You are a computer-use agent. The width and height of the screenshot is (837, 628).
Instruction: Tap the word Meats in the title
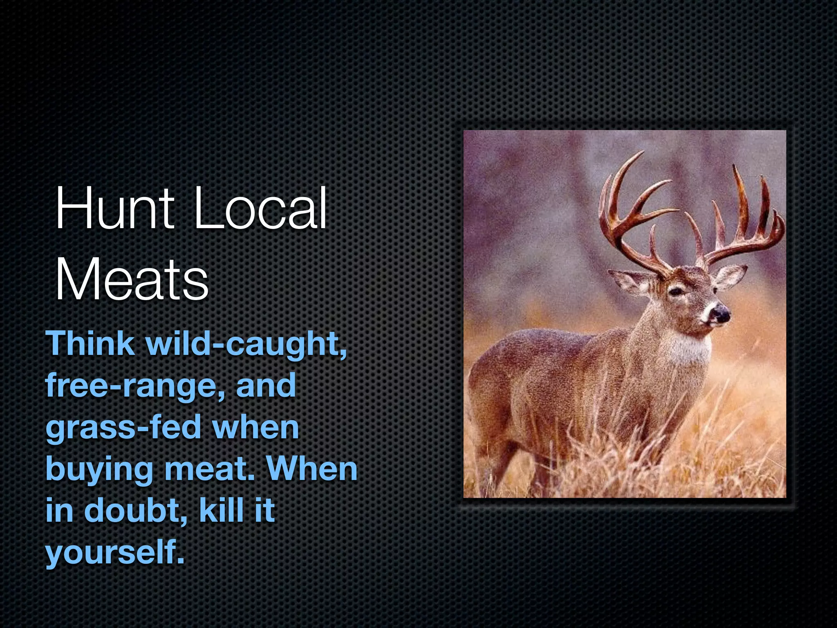pos(132,280)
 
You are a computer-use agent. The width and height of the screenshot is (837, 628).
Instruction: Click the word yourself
pos(114,553)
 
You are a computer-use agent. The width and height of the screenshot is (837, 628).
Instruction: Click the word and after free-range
pos(266,385)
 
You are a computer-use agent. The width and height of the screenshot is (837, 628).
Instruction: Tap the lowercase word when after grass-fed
pos(256,428)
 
